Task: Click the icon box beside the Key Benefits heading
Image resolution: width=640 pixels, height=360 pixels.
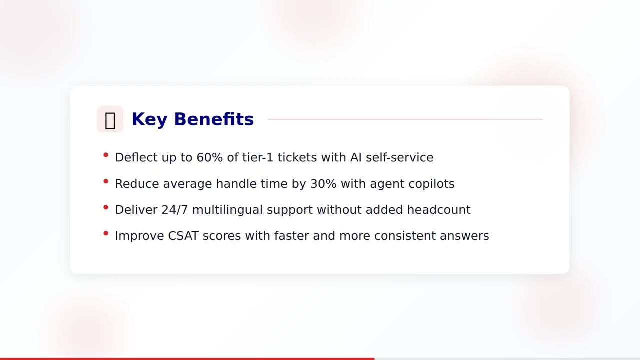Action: point(110,119)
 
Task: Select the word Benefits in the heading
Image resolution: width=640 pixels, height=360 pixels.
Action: point(214,119)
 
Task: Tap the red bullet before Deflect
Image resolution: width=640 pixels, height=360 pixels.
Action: point(106,155)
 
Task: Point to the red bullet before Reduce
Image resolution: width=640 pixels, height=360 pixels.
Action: point(106,181)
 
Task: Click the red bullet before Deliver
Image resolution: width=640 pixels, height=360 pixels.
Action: point(106,207)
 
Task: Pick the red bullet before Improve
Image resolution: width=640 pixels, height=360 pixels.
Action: point(106,233)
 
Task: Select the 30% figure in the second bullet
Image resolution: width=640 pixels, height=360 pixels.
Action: point(323,184)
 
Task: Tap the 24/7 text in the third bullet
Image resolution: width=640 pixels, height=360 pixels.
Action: point(175,210)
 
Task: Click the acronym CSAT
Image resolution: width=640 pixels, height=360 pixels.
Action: point(183,236)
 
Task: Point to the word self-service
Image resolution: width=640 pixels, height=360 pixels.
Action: point(399,157)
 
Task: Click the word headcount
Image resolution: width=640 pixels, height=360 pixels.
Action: point(438,210)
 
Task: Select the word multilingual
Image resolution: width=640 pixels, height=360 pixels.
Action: point(227,210)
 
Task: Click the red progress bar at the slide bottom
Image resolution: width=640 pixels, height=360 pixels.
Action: point(187,358)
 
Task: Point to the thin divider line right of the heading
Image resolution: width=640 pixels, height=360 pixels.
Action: point(405,119)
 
